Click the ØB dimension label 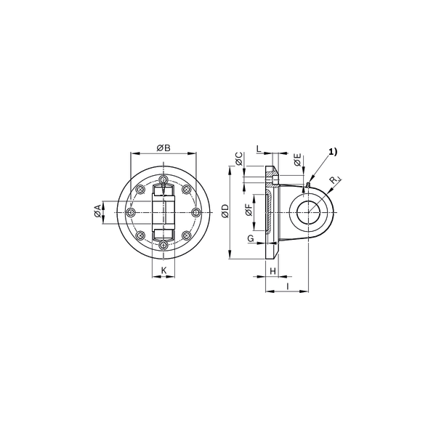[163, 148]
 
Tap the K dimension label [163, 270]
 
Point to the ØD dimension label [225, 211]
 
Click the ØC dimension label [239, 158]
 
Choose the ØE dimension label [297, 159]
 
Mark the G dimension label [251, 238]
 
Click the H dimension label [273, 270]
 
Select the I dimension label [288, 286]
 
